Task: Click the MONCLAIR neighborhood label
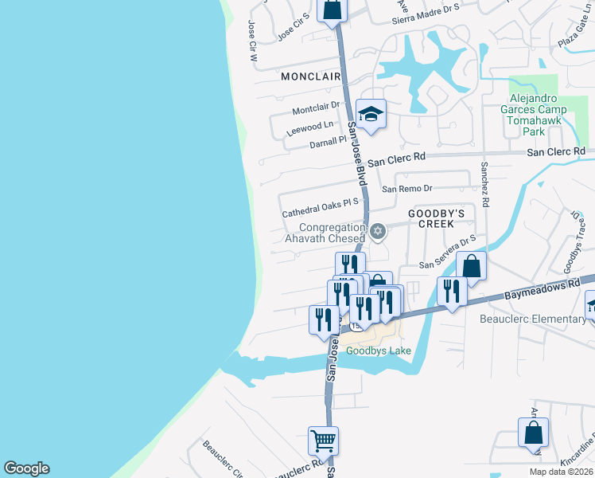coord(310,76)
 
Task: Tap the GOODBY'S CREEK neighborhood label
coord(436,220)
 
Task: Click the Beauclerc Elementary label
coord(533,319)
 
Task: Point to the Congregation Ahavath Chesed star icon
coord(379,232)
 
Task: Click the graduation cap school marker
coord(370,114)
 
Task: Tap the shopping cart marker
coord(323,440)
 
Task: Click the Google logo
coord(26,468)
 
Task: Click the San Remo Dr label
coord(406,189)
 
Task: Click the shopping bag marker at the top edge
coord(332,10)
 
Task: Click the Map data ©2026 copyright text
coord(561,472)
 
